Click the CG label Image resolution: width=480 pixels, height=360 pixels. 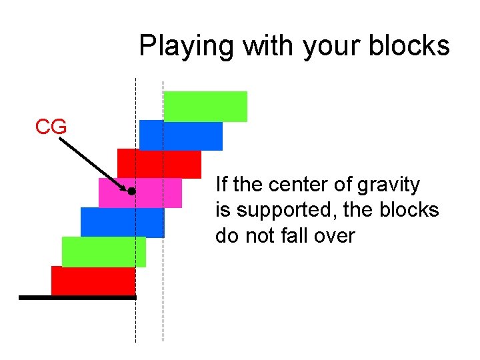[51, 127]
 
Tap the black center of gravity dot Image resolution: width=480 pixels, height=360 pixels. [132, 191]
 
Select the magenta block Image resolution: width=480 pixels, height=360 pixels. [157, 193]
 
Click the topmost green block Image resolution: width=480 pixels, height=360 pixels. [205, 106]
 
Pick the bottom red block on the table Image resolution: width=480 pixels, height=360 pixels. [93, 280]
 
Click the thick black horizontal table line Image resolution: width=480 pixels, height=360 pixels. [77, 298]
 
